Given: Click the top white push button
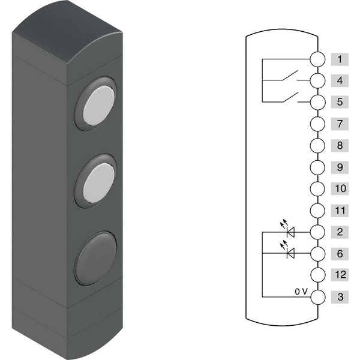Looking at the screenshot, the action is pyautogui.click(x=99, y=106).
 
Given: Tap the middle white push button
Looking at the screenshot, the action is pyautogui.click(x=99, y=183).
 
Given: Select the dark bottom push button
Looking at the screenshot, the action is pyautogui.click(x=96, y=259).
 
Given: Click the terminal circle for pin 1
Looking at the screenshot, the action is pyautogui.click(x=317, y=59).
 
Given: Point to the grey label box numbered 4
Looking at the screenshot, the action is pyautogui.click(x=340, y=80).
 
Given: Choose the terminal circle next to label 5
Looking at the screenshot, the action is pyautogui.click(x=317, y=102).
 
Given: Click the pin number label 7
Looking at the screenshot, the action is pyautogui.click(x=340, y=124).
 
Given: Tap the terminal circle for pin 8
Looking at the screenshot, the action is pyautogui.click(x=317, y=146).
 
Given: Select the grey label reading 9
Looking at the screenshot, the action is pyautogui.click(x=340, y=167).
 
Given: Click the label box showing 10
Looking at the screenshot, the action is pyautogui.click(x=340, y=188).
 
